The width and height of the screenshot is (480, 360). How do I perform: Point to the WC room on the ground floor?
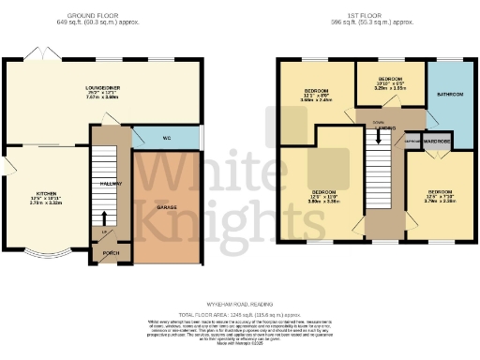pos(166,138)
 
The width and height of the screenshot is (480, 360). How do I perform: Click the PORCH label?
pos(111,254)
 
